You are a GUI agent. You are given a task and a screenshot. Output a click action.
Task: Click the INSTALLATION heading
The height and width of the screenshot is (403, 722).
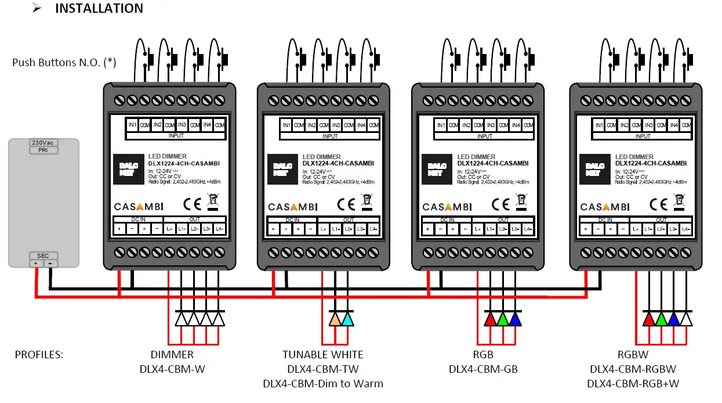tap(99, 9)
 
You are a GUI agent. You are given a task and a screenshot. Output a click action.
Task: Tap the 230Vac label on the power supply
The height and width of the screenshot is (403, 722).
tap(43, 142)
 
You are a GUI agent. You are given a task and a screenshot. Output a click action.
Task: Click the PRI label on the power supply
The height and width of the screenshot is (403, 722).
tap(43, 150)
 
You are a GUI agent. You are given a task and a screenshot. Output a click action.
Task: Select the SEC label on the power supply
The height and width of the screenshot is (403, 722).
tap(43, 256)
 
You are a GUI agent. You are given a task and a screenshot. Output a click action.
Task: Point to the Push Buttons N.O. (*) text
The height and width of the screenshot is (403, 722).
tap(64, 62)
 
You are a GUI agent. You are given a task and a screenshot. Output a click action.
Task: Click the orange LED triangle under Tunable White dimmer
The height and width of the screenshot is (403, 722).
tap(335, 319)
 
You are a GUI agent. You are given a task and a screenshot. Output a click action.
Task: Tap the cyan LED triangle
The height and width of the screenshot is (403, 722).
tap(347, 319)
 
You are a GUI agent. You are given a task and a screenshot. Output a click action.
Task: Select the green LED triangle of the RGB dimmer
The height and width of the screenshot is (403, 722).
tap(503, 319)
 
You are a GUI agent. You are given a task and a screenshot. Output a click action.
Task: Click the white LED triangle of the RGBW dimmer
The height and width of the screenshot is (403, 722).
tap(686, 319)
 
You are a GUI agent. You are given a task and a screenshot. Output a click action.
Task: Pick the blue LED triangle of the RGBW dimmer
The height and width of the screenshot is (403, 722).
tap(673, 319)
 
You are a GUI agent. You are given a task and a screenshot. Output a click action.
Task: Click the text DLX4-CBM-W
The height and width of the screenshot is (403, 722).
tap(172, 369)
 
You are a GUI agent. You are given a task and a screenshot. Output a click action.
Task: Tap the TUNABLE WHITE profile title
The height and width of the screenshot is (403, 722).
tap(323, 354)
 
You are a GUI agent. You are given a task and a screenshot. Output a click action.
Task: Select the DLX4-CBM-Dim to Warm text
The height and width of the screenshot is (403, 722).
tap(323, 383)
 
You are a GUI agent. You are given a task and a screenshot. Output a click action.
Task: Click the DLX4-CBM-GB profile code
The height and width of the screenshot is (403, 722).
tap(483, 369)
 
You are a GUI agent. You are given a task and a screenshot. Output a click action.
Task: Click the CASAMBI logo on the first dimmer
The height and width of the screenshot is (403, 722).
tap(139, 207)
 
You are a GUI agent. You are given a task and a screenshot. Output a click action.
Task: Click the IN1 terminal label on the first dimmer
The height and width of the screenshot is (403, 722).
tap(132, 125)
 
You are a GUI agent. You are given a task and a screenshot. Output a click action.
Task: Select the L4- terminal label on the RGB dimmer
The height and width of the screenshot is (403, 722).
tap(527, 229)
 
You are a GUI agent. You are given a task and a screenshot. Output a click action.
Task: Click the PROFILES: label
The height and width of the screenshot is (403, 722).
tap(39, 354)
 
